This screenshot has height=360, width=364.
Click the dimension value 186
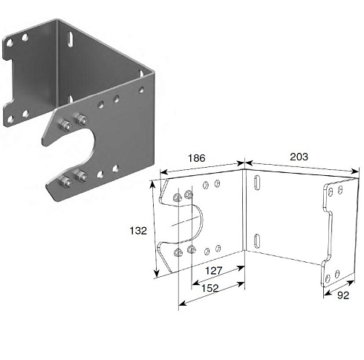coord(197,158)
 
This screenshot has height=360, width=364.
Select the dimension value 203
coord(299,157)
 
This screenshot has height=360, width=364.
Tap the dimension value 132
coord(138,231)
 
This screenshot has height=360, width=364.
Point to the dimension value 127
coord(214,271)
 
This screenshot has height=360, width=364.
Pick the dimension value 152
coord(210,288)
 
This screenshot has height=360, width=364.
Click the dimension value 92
coord(343,295)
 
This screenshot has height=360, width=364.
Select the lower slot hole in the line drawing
coord(257,241)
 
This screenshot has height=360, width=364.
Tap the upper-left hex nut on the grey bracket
coord(65,125)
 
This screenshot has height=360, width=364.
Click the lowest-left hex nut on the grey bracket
coord(65,182)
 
